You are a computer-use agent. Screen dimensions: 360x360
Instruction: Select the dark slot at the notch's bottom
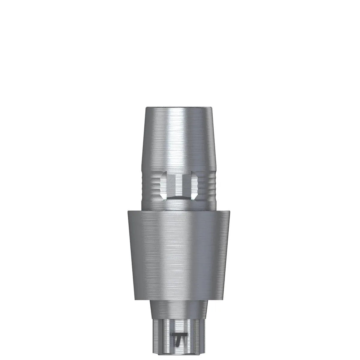179,199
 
